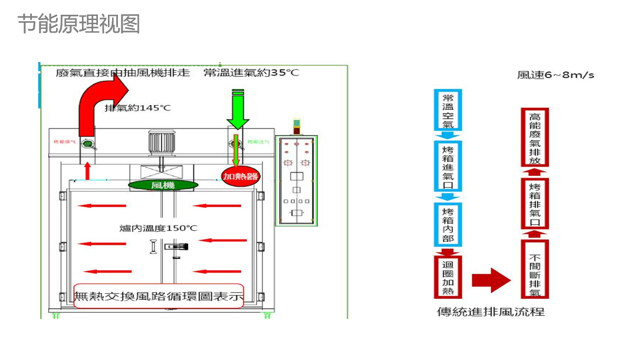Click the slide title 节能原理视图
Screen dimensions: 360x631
[78, 24]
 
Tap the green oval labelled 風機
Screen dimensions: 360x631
[163, 185]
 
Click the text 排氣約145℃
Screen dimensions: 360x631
[137, 109]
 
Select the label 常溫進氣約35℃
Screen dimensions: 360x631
[251, 73]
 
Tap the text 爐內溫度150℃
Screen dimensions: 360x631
[158, 228]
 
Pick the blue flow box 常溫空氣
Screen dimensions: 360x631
[448, 110]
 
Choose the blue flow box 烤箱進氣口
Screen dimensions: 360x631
[448, 166]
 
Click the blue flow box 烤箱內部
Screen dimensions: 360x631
[448, 225]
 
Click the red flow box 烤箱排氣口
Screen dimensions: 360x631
[535, 204]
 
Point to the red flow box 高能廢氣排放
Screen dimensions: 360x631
[535, 138]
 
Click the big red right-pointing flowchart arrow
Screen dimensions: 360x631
[491, 280]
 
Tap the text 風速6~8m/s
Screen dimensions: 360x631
[555, 75]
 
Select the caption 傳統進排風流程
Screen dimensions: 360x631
[491, 312]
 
